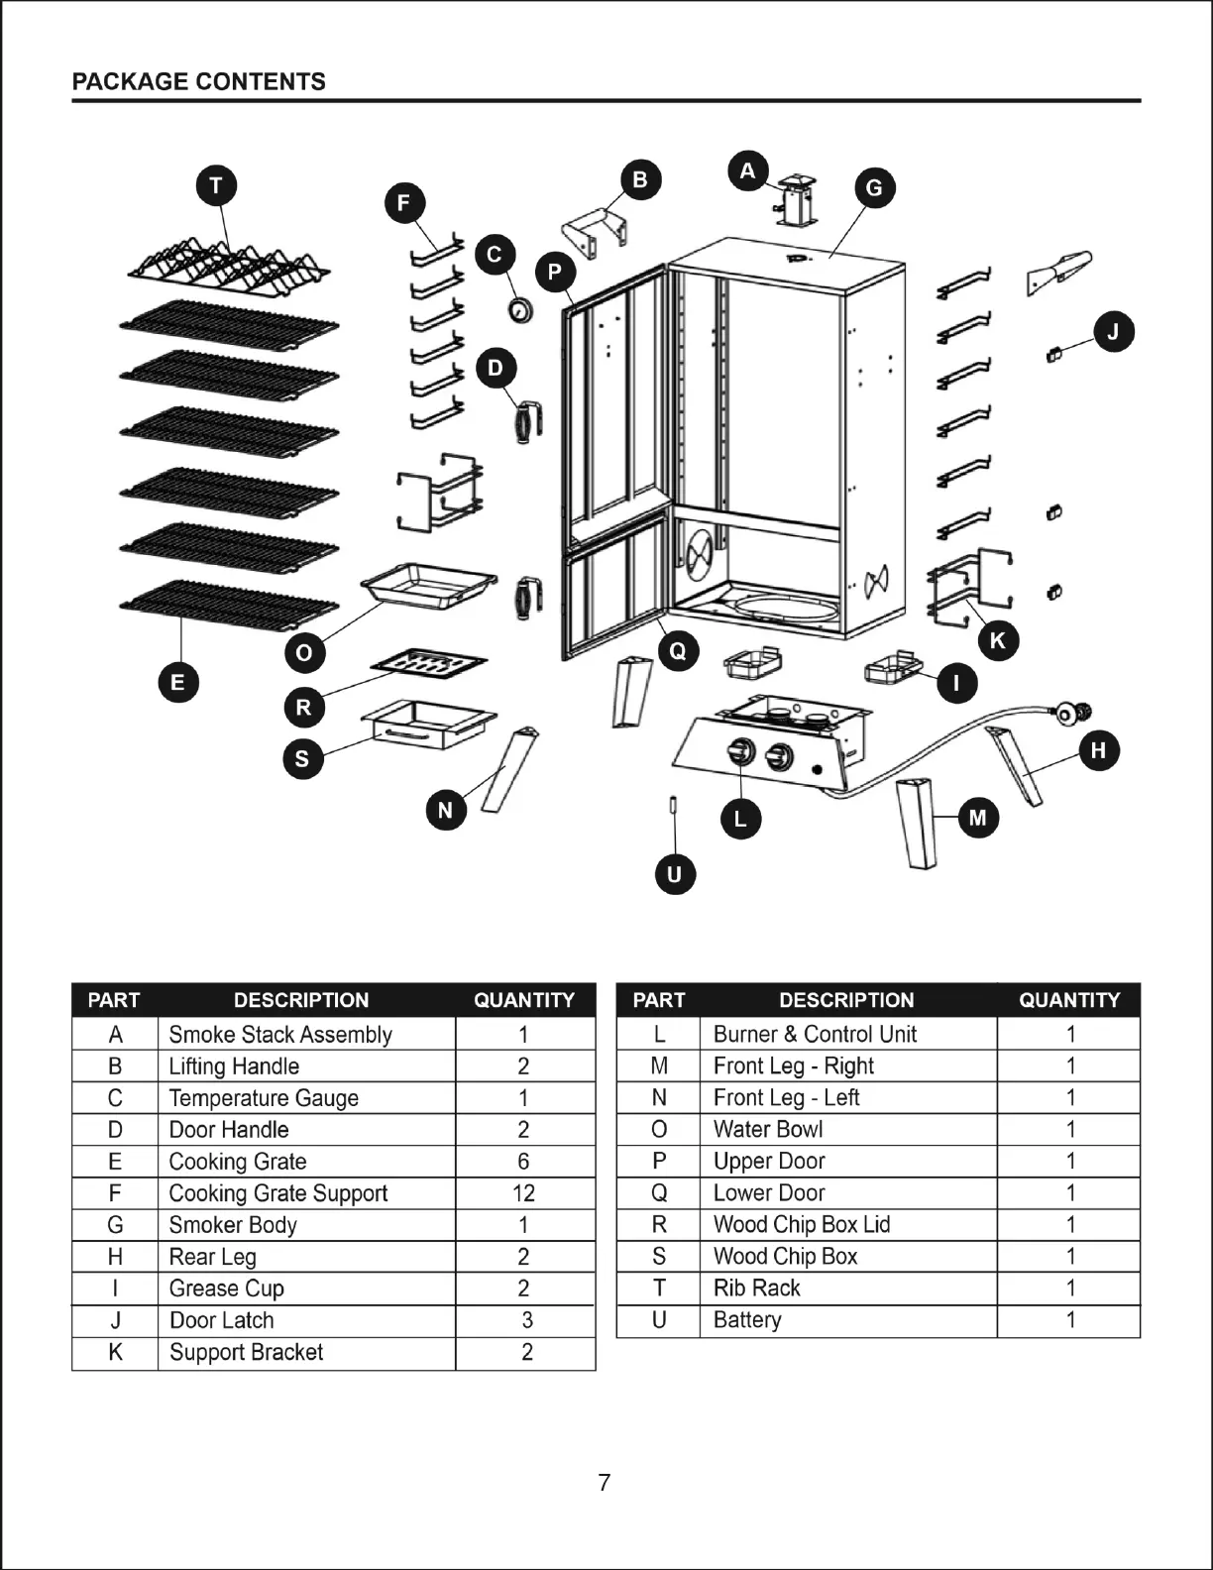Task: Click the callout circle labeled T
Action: tap(216, 185)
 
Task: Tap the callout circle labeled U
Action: tap(675, 874)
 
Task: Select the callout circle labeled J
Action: tap(1113, 332)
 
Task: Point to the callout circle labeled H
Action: tap(1098, 750)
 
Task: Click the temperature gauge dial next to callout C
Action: tap(519, 310)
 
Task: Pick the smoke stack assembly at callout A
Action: tap(795, 201)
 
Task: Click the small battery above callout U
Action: tap(674, 804)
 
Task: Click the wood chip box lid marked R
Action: tap(429, 664)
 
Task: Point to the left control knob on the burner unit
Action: tap(738, 753)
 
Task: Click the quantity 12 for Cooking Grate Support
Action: tap(523, 1193)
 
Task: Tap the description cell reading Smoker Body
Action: tap(233, 1225)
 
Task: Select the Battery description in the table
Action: tap(747, 1320)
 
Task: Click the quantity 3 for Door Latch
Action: tap(526, 1320)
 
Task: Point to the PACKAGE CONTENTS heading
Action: tap(198, 81)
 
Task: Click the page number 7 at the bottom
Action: tap(605, 1483)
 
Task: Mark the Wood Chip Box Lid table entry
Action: tap(802, 1225)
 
